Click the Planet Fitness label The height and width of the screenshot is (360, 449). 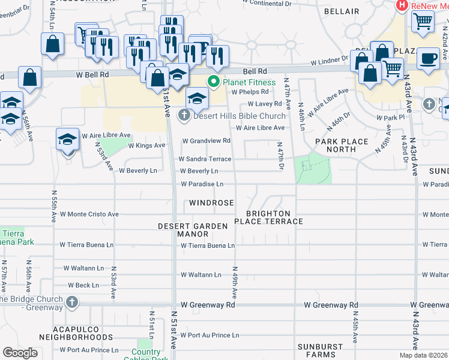tap(249, 82)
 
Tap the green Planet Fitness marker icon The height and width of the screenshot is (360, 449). tap(212, 82)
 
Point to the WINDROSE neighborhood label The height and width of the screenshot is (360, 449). tap(211, 203)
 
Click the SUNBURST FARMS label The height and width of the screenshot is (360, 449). tap(321, 351)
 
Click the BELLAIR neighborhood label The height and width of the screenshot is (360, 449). tap(341, 11)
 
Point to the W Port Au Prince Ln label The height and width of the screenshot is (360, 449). tap(209, 335)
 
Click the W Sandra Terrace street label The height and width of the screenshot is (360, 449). tap(205, 159)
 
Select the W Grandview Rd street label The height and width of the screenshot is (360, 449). tap(206, 141)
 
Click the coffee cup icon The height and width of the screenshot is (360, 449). tap(428, 59)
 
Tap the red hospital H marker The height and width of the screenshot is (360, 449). tap(402, 5)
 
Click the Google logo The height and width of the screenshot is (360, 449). tap(20, 353)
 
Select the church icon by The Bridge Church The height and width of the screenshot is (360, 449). tap(72, 301)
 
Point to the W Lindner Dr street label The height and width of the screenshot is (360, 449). tap(329, 62)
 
